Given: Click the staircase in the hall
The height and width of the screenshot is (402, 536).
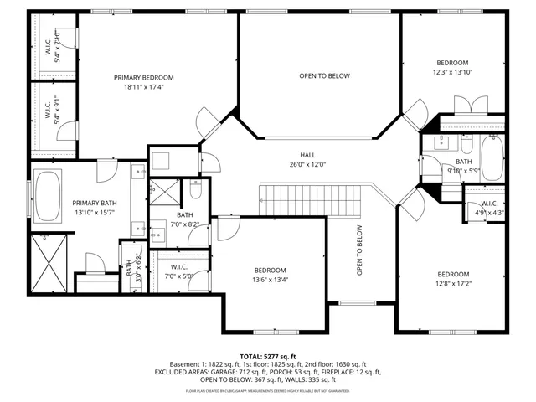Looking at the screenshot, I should tap(309, 200).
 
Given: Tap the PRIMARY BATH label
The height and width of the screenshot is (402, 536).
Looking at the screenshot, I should tap(93, 203).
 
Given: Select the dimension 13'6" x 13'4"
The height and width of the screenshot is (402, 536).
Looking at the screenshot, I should tap(271, 280).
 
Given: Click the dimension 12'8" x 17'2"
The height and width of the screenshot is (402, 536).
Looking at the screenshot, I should tap(453, 284).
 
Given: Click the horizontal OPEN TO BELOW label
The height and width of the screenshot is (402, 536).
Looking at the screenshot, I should tap(324, 76).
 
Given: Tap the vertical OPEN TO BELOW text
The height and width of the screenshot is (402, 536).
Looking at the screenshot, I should tap(359, 251).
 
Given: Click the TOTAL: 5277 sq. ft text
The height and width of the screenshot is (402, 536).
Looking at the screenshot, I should tap(269, 356).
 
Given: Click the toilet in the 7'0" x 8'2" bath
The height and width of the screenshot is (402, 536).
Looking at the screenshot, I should tap(195, 188).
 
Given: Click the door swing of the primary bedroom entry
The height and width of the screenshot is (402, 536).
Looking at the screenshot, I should tap(209, 122).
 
